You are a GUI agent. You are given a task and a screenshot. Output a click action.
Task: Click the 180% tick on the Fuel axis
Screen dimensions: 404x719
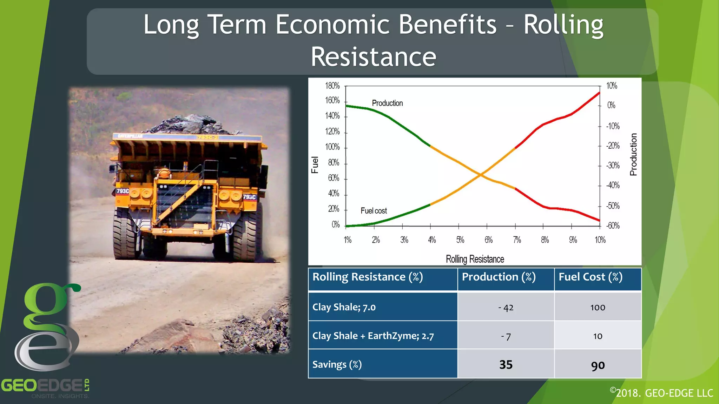tap(332, 86)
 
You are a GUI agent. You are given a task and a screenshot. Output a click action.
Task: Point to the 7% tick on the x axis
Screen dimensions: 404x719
tap(517, 240)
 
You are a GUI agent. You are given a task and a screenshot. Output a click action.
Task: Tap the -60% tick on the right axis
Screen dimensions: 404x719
tap(613, 225)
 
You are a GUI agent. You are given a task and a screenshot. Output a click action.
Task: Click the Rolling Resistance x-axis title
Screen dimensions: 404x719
tap(475, 259)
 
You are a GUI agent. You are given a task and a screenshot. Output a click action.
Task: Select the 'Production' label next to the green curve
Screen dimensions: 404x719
tap(387, 103)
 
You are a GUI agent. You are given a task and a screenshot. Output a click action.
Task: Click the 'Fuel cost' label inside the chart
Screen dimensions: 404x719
tap(374, 211)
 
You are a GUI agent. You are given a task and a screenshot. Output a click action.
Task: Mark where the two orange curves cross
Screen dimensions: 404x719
tap(481, 174)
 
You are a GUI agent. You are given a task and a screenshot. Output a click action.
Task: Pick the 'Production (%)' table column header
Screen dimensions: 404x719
tap(499, 277)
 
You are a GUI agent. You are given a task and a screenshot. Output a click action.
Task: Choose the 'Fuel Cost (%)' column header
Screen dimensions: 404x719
tap(591, 277)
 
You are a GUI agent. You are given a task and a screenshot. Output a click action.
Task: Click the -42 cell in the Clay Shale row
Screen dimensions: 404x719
tap(506, 308)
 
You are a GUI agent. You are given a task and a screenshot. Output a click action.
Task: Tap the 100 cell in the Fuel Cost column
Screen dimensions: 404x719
tap(598, 308)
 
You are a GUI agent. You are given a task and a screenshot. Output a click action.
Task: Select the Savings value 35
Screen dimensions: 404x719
tap(506, 365)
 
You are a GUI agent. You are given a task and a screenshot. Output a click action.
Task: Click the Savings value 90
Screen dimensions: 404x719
tap(598, 365)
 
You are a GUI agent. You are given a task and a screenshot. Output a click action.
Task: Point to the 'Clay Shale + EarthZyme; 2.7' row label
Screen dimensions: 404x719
tap(373, 336)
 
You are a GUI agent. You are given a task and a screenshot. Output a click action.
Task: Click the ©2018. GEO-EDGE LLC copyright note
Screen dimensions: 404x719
tap(661, 393)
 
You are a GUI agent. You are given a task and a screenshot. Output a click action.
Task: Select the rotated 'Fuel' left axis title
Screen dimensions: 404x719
tap(315, 165)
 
